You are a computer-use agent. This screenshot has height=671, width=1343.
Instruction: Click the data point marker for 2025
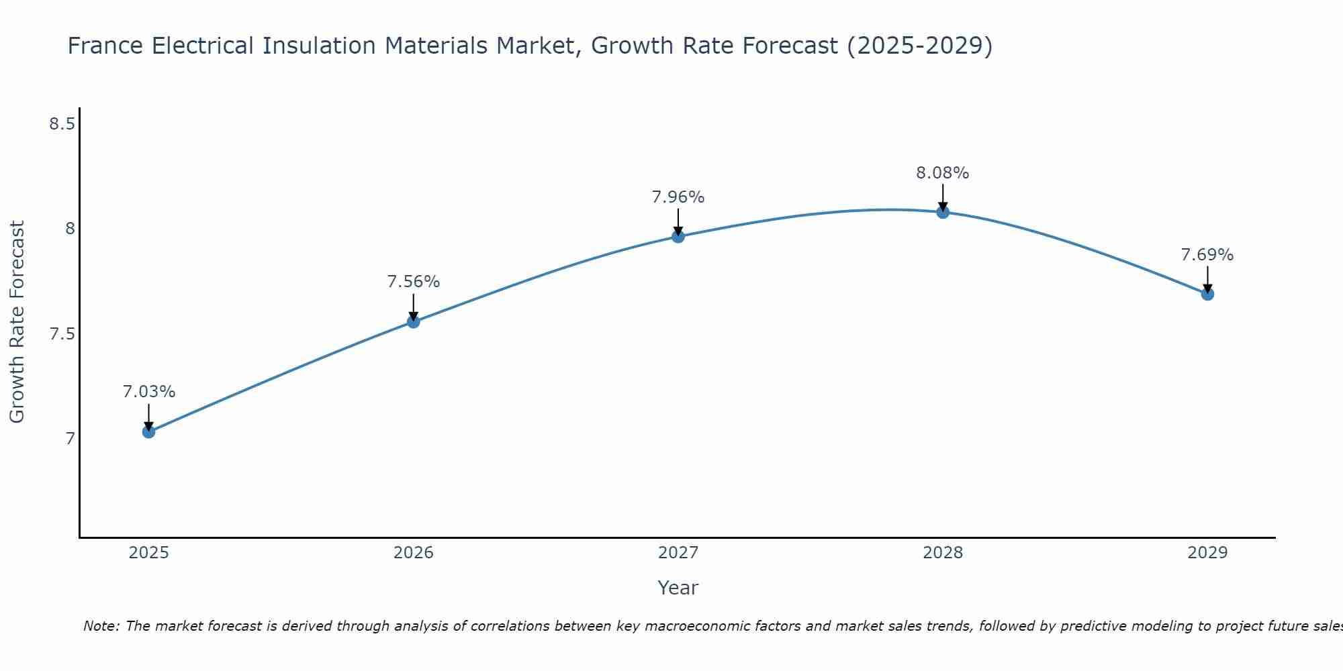[149, 431]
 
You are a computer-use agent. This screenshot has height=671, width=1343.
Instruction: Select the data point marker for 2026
[414, 321]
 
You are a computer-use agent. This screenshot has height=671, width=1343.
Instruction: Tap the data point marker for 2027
[678, 236]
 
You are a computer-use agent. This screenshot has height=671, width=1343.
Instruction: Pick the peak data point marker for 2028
[943, 212]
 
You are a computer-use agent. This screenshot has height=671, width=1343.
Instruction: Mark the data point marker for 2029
[1207, 294]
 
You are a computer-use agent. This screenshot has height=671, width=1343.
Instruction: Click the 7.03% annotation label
[149, 392]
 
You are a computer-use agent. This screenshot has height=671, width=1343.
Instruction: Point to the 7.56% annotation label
[414, 282]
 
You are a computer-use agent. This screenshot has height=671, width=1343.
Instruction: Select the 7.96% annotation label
[678, 197]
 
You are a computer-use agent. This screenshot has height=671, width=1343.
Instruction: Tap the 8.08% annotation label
[943, 173]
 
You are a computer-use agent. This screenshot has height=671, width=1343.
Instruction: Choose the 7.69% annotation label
[1207, 255]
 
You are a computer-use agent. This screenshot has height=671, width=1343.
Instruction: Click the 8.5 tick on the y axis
[62, 124]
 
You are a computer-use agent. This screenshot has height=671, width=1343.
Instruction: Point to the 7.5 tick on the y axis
[62, 334]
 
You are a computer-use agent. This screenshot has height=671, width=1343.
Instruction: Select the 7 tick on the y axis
[70, 439]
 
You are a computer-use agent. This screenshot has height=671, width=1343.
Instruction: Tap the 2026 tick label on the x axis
[414, 553]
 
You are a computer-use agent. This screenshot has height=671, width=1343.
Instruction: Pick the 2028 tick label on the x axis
[943, 553]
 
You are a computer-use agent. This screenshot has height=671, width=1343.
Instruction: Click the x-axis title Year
[678, 588]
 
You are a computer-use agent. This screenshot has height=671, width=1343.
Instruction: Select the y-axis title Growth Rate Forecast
[17, 322]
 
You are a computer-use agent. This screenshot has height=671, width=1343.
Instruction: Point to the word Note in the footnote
[101, 626]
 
